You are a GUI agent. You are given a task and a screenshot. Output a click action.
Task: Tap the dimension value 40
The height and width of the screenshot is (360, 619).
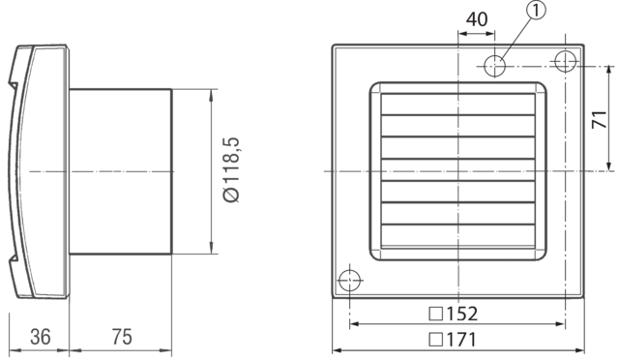point(477,18)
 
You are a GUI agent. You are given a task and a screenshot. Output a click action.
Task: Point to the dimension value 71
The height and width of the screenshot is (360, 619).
point(599,119)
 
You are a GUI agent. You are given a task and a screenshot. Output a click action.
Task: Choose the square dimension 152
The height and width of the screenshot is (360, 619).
point(454,315)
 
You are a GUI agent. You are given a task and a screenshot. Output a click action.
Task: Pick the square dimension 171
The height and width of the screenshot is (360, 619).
point(454,340)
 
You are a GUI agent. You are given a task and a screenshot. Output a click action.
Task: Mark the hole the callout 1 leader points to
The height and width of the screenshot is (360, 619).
point(495,66)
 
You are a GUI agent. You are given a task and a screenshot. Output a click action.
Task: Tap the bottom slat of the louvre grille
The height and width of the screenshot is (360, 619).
point(458,235)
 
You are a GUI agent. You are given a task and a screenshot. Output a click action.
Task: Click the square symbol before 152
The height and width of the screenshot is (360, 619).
point(434,315)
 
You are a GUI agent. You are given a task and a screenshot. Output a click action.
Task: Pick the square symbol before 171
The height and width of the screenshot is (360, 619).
point(434,340)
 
